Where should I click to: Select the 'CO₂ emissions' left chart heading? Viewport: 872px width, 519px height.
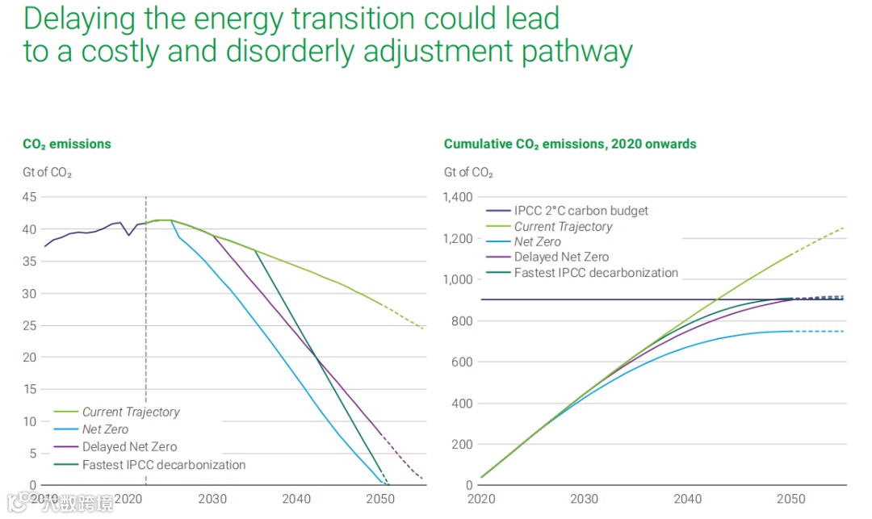[67, 144]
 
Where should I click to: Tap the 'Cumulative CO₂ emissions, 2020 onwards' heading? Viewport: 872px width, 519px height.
[570, 144]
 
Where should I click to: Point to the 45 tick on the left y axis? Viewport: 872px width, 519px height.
[29, 197]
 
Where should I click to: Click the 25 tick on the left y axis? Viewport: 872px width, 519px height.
[29, 325]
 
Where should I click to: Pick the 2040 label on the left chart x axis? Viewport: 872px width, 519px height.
[297, 500]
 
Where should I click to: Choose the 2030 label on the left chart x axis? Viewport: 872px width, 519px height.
[212, 500]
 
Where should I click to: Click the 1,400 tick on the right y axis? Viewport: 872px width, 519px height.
[458, 197]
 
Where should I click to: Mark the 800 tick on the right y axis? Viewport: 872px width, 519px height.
[463, 320]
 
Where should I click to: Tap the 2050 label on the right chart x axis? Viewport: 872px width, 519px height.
[792, 500]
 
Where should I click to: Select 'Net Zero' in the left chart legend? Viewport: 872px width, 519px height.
[105, 429]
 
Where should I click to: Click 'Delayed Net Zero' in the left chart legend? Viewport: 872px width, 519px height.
[129, 446]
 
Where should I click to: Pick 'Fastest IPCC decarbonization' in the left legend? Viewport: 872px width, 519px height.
[164, 464]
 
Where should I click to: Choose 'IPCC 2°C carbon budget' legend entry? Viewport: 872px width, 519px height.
[581, 211]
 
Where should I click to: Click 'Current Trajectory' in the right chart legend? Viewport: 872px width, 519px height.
[564, 226]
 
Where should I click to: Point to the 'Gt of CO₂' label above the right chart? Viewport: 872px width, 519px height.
[468, 172]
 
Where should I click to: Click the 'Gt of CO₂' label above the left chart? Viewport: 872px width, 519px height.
[47, 172]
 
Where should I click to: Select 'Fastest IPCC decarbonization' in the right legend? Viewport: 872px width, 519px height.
[596, 272]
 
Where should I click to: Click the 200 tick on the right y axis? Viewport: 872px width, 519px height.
[463, 444]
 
